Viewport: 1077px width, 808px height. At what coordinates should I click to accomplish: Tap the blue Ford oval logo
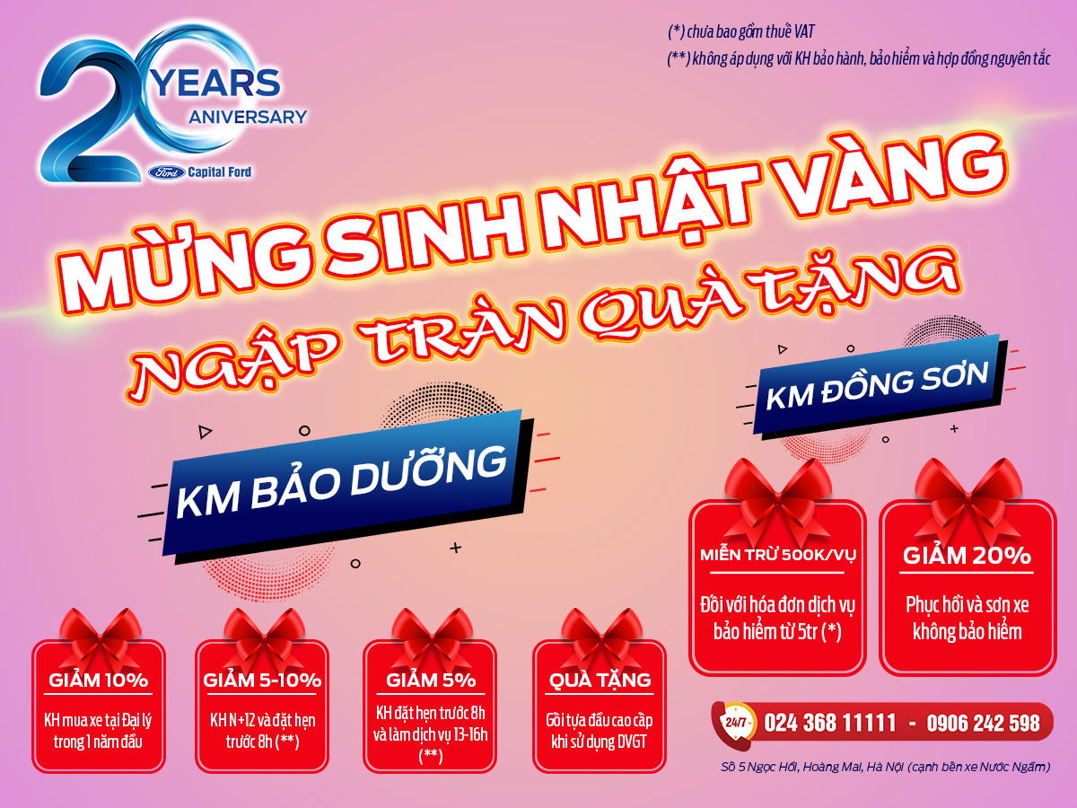[x=167, y=172]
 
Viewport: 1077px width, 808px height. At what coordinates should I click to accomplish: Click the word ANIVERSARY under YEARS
[x=248, y=118]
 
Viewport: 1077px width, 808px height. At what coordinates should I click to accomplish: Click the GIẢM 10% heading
[x=98, y=680]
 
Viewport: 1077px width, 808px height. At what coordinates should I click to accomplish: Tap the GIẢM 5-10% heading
[x=262, y=680]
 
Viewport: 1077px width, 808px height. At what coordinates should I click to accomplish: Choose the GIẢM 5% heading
[x=431, y=680]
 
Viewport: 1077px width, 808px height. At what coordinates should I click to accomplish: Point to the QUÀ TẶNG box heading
[x=600, y=680]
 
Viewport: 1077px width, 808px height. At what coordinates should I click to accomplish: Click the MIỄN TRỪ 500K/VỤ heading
[x=778, y=556]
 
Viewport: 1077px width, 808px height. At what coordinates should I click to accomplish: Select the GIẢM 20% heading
[x=968, y=556]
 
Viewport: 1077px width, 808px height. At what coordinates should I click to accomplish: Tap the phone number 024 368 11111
[x=829, y=723]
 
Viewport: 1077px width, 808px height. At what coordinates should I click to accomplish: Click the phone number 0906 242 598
[x=983, y=723]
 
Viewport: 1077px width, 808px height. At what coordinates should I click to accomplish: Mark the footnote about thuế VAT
[x=741, y=32]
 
